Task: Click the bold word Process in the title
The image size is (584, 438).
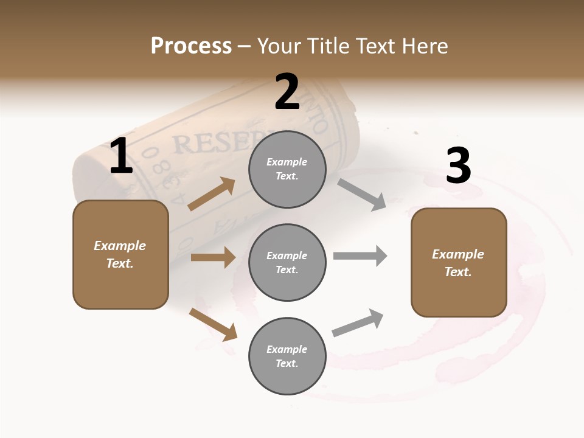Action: click(x=191, y=46)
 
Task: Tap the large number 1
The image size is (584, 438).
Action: click(x=121, y=156)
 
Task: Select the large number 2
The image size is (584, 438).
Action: click(x=287, y=92)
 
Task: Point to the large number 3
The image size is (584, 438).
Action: click(x=458, y=165)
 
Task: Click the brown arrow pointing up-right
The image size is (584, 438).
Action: click(x=212, y=194)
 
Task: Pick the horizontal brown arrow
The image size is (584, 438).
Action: click(x=213, y=257)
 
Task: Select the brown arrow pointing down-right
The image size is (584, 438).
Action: click(x=213, y=324)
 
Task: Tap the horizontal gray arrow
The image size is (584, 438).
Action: click(x=360, y=255)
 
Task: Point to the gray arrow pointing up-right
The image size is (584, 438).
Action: click(x=358, y=322)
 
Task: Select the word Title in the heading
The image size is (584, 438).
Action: click(x=327, y=46)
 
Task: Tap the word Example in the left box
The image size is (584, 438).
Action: click(x=120, y=246)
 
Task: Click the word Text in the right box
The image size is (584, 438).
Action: click(x=457, y=272)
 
